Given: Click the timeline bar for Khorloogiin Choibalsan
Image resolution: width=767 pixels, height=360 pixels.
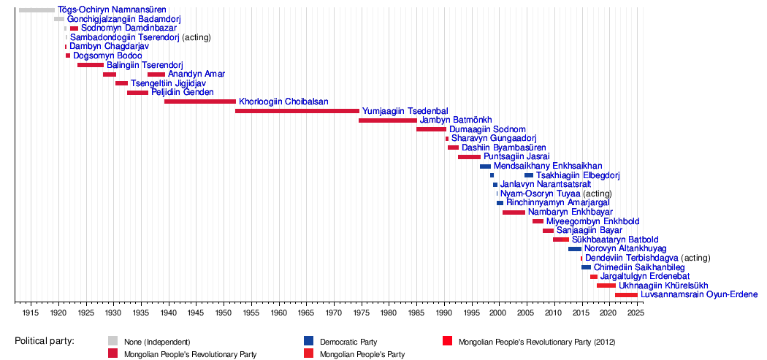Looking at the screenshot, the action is point(200,102).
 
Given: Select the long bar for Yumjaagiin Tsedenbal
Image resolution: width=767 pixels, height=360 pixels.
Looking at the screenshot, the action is point(297,111).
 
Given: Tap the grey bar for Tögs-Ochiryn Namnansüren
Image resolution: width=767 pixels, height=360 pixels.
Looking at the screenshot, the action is point(37,9).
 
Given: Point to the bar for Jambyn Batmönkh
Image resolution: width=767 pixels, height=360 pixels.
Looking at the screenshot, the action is point(388,120).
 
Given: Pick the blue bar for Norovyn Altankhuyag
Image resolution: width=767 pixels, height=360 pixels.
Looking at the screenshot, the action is point(575,249).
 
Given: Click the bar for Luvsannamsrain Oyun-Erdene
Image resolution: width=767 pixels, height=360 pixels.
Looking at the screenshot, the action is point(627,295).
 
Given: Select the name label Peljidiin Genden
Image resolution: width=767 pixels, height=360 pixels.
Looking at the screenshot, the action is point(183,93).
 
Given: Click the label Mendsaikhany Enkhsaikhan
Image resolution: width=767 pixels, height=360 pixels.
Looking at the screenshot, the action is point(548,166).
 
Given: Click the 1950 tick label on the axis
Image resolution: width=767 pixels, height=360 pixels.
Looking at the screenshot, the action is point(224,312).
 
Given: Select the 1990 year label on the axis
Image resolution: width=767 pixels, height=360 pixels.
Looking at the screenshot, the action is point(444,312).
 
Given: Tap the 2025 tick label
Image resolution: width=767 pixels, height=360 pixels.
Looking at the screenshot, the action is point(636,312).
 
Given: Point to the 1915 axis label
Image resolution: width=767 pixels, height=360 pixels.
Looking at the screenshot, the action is point(31,312).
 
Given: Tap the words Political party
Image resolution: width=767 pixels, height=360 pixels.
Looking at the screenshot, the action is point(45,342).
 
